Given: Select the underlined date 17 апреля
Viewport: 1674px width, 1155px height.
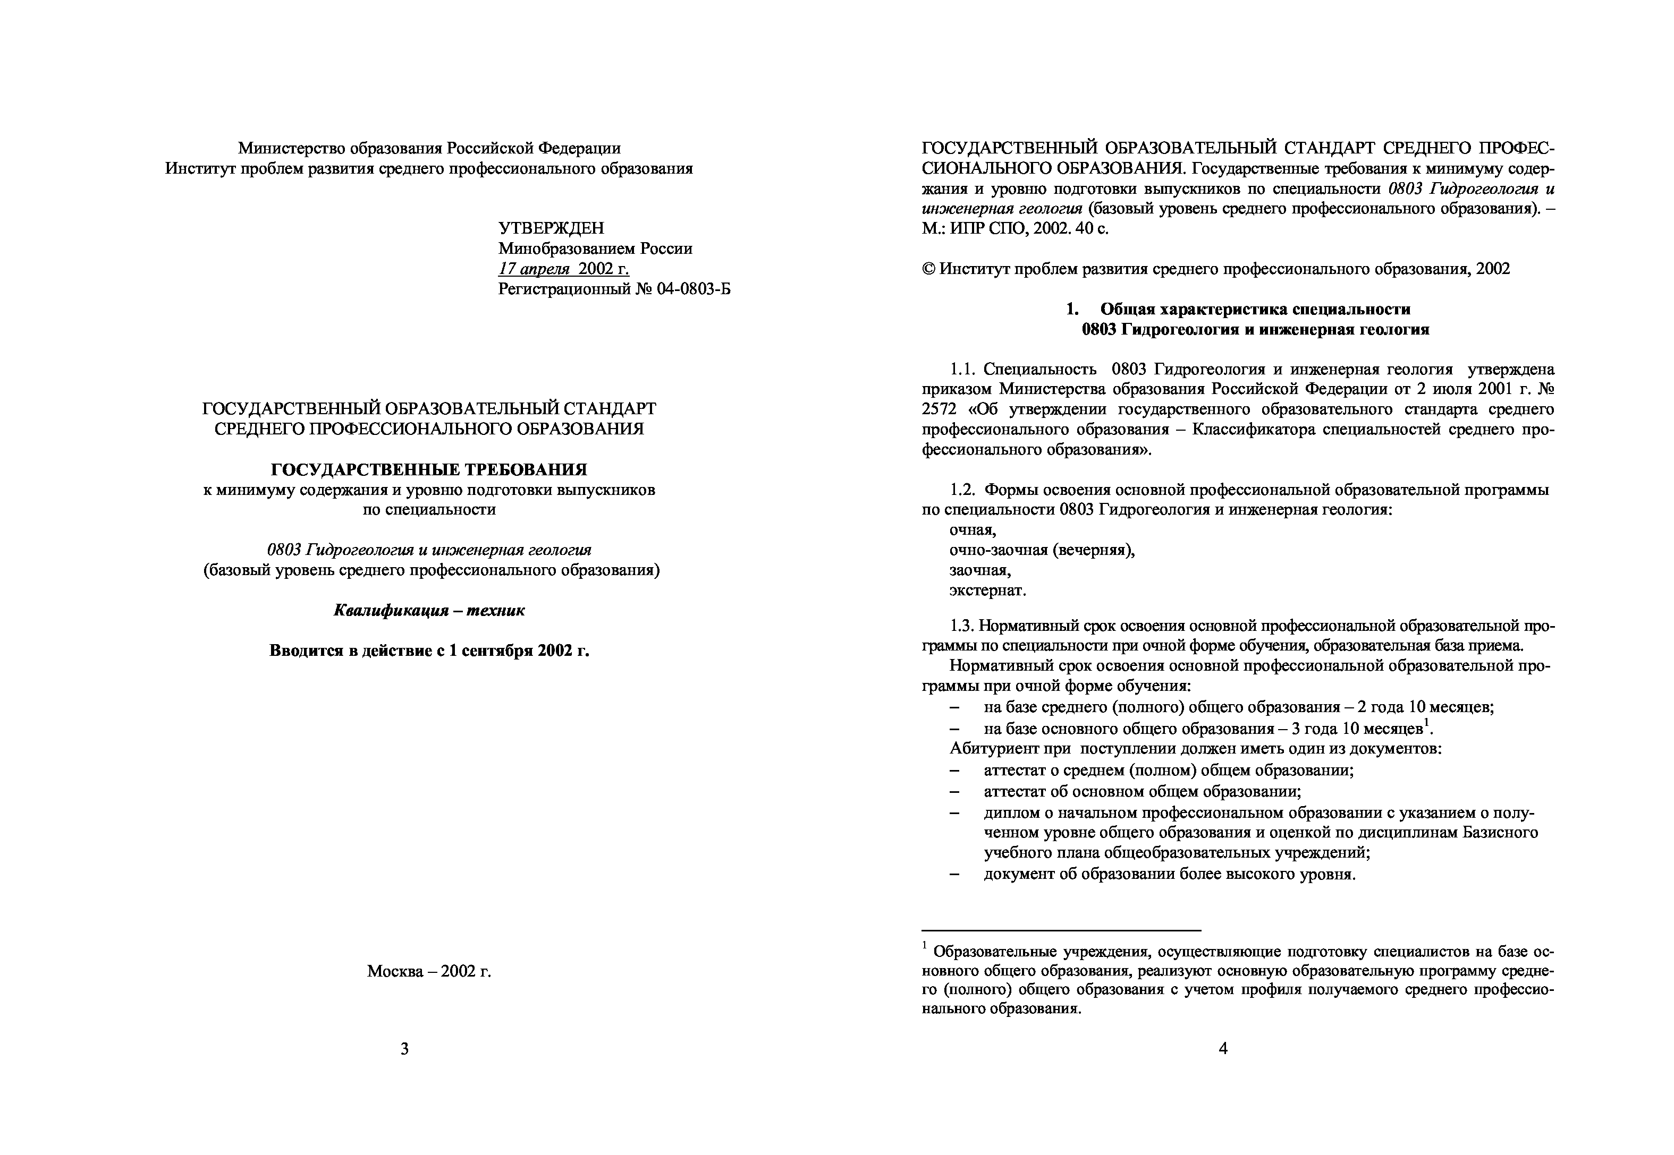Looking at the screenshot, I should pos(534,269).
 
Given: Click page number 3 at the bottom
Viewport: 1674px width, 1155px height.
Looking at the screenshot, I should pos(405,1049).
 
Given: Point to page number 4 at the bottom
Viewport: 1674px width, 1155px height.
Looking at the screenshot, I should pos(1223,1049).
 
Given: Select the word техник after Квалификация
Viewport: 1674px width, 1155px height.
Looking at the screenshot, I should pos(495,610).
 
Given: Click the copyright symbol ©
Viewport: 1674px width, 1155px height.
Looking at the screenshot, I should pos(928,269).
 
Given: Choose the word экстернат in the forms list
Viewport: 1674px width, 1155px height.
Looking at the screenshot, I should pos(987,591).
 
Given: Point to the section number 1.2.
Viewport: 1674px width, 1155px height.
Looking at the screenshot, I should pos(963,490).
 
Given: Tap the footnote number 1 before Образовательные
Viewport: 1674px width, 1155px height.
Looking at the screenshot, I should pos(925,945).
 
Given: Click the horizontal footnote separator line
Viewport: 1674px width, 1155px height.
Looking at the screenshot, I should pos(1061,930).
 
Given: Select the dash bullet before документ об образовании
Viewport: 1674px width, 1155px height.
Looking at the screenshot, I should pos(955,874).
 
